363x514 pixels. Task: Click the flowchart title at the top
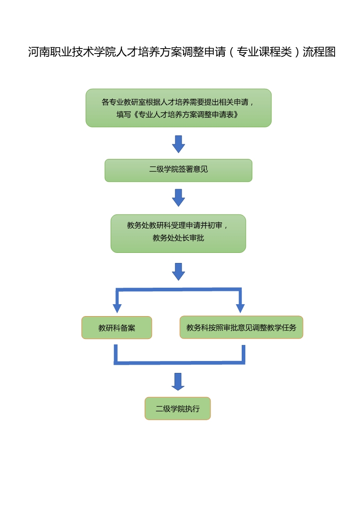coord(182,52)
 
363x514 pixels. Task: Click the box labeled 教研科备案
coord(117,328)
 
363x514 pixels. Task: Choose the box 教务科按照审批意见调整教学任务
coord(241,328)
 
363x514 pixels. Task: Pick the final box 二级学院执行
coord(178,409)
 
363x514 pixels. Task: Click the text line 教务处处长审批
coord(179,238)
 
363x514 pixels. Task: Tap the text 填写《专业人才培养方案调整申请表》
coord(178,115)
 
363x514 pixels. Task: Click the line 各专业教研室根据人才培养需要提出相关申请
coord(178,102)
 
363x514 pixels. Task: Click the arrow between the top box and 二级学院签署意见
coord(179,144)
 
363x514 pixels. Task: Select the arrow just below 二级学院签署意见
coord(179,198)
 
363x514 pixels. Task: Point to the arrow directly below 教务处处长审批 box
coord(179,272)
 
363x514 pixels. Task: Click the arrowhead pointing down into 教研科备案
coord(117,308)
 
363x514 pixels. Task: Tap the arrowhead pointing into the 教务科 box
coord(240,308)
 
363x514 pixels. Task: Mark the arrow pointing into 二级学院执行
coord(178,382)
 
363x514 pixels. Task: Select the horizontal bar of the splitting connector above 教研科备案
coord(179,290)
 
